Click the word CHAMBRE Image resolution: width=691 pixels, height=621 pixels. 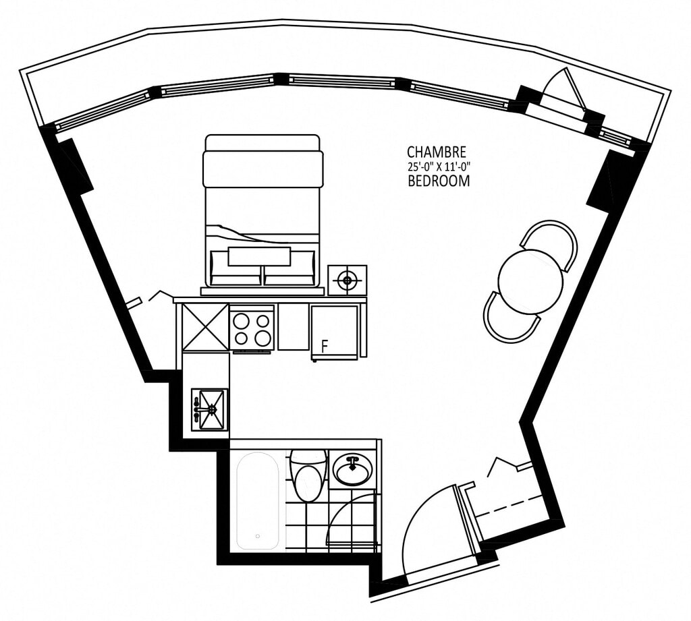click(437, 152)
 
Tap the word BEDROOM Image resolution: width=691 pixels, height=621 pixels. click(439, 181)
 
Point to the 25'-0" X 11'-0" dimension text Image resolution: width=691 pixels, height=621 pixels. click(439, 167)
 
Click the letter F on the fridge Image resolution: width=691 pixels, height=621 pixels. click(325, 347)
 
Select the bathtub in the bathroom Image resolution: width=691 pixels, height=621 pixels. click(258, 500)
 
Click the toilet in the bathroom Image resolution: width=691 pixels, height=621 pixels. click(309, 475)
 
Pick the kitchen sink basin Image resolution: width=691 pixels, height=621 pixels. click(211, 409)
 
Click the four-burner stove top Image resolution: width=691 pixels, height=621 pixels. click(252, 328)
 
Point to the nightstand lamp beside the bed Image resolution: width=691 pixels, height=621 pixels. click(348, 280)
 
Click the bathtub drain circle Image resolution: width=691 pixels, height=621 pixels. click(257, 536)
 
